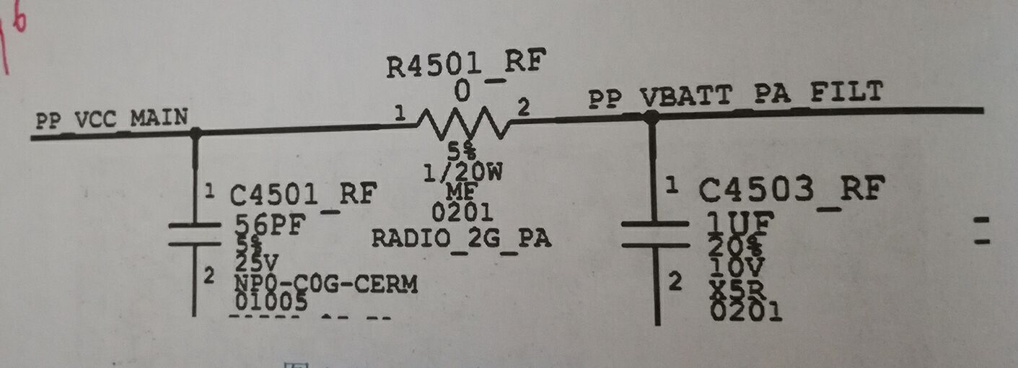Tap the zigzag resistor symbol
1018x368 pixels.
pos(463,124)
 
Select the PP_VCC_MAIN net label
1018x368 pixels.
pos(112,118)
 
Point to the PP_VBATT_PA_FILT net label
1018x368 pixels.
pos(736,95)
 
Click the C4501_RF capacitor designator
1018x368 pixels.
pos(303,194)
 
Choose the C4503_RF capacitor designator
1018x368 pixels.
pos(791,190)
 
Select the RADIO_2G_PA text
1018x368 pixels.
pos(462,238)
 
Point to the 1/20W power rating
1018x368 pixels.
pos(463,173)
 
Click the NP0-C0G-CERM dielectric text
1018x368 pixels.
pos(325,284)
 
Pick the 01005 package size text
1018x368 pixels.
pos(271,302)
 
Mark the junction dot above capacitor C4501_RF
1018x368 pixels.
pos(195,133)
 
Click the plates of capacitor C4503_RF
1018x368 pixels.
pos(655,235)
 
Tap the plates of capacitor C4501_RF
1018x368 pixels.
pos(193,234)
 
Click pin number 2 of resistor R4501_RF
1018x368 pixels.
pos(524,109)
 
